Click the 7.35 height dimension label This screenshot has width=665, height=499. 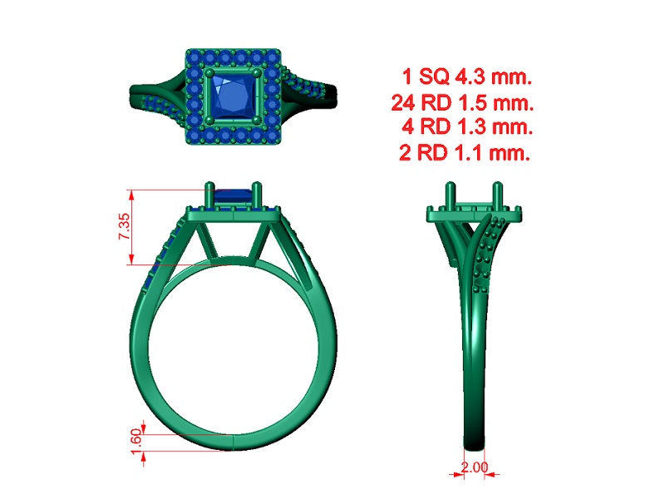[x=124, y=226]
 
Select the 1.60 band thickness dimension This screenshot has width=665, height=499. [x=136, y=442]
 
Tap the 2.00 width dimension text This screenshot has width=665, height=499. [x=475, y=467]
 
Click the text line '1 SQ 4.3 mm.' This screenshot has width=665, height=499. [x=467, y=77]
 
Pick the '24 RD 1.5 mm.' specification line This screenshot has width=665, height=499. [x=462, y=102]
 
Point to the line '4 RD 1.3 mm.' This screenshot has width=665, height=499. [x=467, y=126]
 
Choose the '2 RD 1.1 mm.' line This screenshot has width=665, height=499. [x=465, y=152]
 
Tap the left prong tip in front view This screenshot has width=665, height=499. [x=210, y=185]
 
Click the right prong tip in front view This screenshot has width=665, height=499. [x=257, y=185]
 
